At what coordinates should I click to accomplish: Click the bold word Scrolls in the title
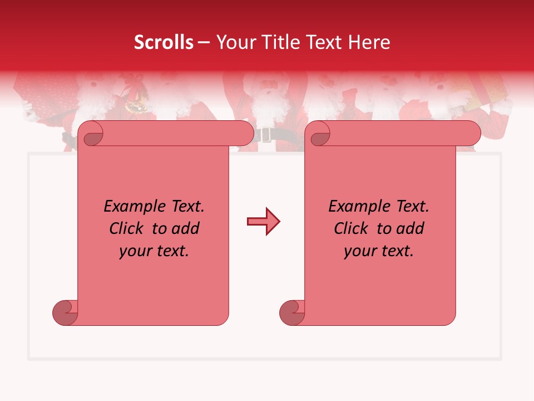(164, 42)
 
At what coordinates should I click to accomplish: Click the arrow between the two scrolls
(263, 222)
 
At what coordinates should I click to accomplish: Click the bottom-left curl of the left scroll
(65, 312)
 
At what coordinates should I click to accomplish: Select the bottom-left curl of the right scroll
(291, 312)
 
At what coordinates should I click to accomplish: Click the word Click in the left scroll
(127, 228)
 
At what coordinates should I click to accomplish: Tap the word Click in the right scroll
(352, 228)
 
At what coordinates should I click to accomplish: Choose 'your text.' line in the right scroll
(379, 251)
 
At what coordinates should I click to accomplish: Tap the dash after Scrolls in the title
(204, 42)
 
